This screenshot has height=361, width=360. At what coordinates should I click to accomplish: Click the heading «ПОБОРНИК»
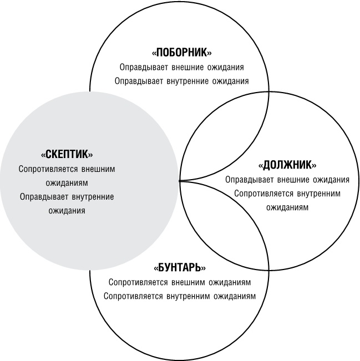coord(182,53)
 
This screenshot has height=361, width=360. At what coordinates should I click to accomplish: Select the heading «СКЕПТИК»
coord(67,154)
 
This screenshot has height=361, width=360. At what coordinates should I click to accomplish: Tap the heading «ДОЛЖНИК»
coord(287,165)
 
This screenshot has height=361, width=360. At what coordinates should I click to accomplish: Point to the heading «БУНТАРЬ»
coord(180,267)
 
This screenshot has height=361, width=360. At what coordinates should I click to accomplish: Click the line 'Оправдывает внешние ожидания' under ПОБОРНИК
coord(182,67)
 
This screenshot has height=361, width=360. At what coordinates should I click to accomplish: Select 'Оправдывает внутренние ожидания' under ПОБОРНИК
coord(182,81)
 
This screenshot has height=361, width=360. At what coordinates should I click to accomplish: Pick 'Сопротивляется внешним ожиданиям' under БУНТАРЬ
coord(180,282)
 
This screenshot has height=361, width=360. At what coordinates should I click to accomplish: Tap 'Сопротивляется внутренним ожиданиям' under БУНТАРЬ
coord(180,296)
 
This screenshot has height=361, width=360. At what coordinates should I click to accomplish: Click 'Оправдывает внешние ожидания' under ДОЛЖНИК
coord(287,180)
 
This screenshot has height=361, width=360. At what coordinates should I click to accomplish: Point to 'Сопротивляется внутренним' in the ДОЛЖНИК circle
coord(287,194)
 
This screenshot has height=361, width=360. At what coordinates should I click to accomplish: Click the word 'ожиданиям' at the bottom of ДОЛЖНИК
coord(287,207)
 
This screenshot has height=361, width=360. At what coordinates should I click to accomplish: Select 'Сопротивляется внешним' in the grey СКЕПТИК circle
coord(67,169)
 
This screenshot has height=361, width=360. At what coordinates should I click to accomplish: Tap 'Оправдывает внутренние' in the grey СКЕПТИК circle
coord(67,197)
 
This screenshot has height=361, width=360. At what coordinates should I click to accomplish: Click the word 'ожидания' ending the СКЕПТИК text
coord(67,211)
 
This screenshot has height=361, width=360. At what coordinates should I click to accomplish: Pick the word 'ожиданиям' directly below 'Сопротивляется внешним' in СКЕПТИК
coord(67,183)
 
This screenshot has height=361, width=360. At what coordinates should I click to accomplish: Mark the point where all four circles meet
coord(179,181)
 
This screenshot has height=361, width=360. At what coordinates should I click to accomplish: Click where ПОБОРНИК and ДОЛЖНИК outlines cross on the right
coord(269,91)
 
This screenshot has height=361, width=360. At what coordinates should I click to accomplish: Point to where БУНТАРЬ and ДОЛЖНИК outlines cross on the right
coord(269,270)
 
